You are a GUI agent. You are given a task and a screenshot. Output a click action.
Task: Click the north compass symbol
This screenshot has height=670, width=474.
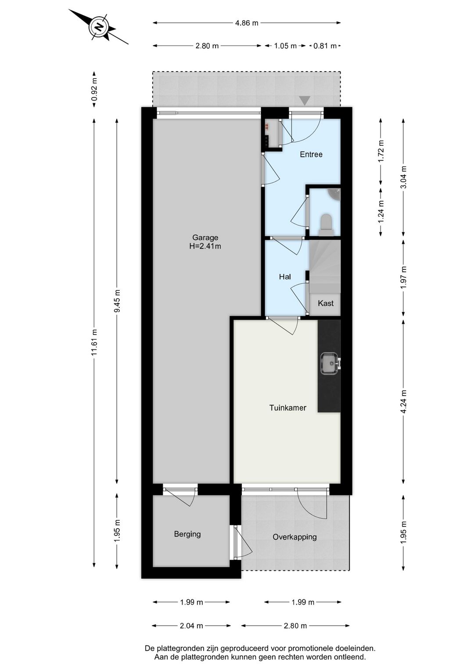[99, 27]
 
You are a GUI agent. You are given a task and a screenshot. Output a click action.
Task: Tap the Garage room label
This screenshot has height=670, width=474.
[205, 242]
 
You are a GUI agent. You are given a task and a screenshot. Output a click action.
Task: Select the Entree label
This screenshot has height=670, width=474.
[311, 155]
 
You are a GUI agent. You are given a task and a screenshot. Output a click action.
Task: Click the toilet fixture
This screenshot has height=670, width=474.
[326, 222]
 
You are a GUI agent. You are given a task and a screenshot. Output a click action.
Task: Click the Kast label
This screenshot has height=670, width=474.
[326, 303]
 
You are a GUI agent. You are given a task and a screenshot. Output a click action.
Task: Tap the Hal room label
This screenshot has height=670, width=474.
[285, 277]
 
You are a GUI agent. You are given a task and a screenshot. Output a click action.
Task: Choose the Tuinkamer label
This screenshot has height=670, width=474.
[287, 408]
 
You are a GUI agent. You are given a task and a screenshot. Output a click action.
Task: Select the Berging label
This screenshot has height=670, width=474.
[187, 534]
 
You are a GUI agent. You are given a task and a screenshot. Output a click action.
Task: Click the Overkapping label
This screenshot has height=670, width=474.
[294, 537]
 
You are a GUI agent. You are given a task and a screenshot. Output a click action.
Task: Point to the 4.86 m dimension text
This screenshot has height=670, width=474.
[247, 23]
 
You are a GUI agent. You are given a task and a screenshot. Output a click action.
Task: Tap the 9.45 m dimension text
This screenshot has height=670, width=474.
[117, 301]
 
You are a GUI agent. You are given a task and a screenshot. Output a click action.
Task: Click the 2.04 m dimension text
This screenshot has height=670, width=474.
[191, 626]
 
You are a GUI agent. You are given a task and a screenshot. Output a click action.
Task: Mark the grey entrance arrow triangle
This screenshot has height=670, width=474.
[305, 101]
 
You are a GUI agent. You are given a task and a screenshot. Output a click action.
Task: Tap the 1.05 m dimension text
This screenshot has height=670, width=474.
[285, 46]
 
